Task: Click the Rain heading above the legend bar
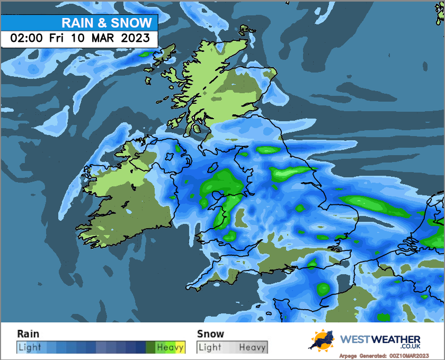tap(28, 334)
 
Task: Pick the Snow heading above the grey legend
tap(210, 334)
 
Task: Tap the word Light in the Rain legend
tap(29, 347)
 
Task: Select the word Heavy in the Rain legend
tap(170, 347)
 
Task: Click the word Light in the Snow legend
tap(210, 347)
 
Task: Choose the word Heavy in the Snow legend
tap(252, 347)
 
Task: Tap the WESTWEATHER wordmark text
tap(380, 339)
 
